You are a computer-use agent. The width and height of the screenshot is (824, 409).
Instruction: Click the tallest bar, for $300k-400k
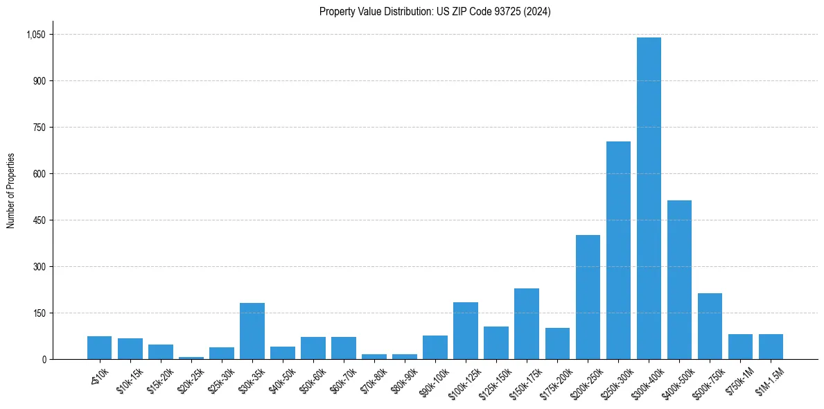[x=649, y=198]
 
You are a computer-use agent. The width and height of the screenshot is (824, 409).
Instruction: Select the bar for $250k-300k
[x=618, y=250]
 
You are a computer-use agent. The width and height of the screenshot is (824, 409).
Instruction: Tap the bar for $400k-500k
[x=679, y=279]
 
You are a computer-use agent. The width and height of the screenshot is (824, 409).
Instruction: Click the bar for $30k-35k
[x=252, y=331]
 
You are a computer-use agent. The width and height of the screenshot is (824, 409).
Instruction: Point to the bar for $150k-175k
[x=527, y=324]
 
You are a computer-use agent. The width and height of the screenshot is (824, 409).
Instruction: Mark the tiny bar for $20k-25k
[x=191, y=358]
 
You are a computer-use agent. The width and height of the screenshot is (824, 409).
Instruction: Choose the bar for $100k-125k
[x=466, y=331]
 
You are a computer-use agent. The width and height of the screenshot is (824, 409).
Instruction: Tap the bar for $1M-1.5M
[x=771, y=347]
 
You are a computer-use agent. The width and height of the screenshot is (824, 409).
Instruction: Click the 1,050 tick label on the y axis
[x=35, y=35]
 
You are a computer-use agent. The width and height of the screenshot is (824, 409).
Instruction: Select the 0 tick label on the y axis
[x=44, y=360]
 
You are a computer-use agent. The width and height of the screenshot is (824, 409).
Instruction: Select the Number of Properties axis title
[x=10, y=191]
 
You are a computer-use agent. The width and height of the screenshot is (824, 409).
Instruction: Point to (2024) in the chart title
[x=538, y=12]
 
